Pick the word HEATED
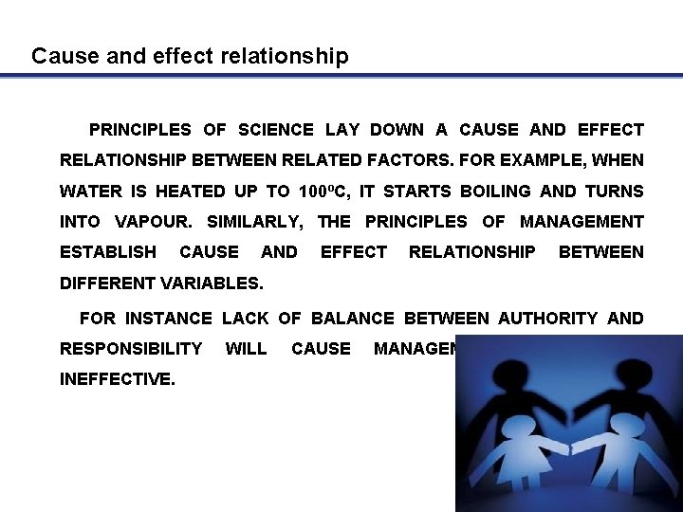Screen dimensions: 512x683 pyautogui.click(x=190, y=192)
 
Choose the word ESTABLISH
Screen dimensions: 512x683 pyautogui.click(x=108, y=252)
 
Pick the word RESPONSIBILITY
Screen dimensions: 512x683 pyautogui.click(x=131, y=349)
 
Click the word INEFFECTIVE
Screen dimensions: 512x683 pyautogui.click(x=117, y=379)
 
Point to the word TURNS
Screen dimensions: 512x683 pyautogui.click(x=614, y=192)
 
